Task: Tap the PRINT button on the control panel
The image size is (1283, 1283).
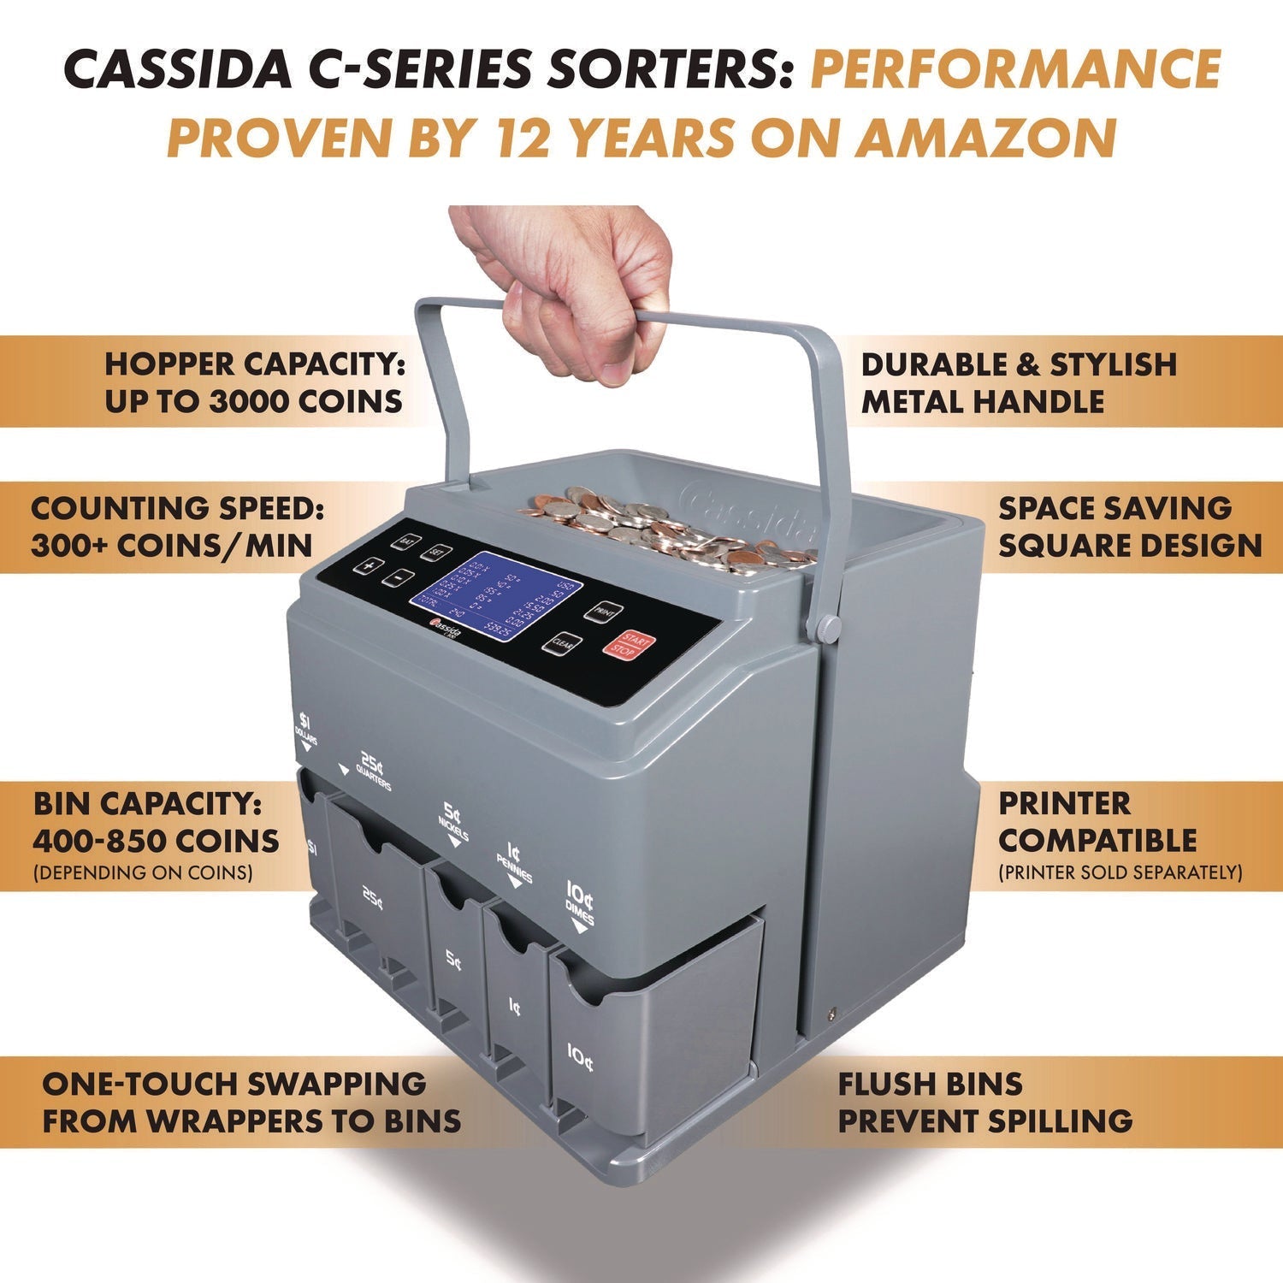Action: [x=604, y=612]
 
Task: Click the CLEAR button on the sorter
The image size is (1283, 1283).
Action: [x=562, y=642]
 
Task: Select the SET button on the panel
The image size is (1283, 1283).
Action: [x=439, y=553]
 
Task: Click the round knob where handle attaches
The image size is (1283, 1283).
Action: [x=826, y=628]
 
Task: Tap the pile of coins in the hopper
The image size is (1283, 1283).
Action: [x=667, y=526]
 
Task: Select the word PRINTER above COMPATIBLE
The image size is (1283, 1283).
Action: [x=1065, y=804]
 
